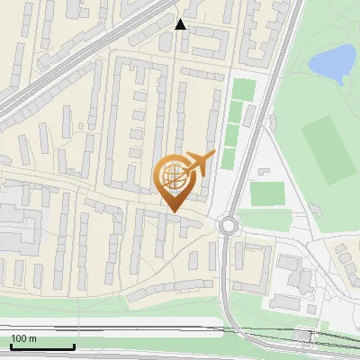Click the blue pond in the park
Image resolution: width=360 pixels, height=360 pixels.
click(x=330, y=63)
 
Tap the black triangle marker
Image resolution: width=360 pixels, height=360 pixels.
click(x=181, y=24)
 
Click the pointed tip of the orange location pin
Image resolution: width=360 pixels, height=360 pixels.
click(x=171, y=211)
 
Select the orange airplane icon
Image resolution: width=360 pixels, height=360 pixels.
click(x=199, y=165)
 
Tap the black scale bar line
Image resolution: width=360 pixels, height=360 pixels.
click(x=42, y=347)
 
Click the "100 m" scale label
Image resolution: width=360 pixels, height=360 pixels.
click(x=23, y=338)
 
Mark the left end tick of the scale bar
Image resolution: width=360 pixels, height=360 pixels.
click(x=11, y=346)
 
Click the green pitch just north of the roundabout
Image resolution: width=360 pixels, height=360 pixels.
click(x=267, y=193)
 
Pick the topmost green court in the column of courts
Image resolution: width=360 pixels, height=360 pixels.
click(x=243, y=90)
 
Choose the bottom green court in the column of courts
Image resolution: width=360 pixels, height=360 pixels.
click(x=229, y=158)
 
